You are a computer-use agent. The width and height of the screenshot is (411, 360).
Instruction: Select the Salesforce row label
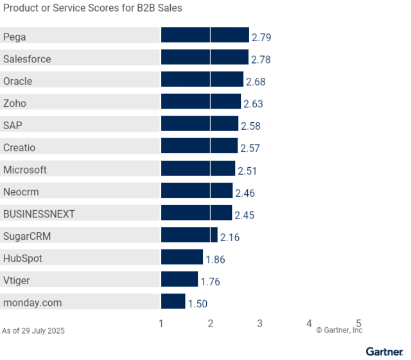[x=27, y=59]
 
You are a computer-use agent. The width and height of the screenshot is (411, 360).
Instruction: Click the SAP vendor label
[x=13, y=125]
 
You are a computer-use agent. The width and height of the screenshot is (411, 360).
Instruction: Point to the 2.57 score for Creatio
[x=250, y=148]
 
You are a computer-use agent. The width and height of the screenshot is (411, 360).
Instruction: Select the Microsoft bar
[x=198, y=168]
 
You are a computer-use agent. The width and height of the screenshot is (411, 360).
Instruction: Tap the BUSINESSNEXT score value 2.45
[x=244, y=215]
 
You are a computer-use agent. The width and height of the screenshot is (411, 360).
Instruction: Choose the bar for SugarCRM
[x=189, y=235]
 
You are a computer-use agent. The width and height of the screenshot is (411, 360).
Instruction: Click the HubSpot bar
[x=182, y=257]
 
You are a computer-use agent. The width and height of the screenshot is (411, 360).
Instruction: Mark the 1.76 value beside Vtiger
[x=211, y=282]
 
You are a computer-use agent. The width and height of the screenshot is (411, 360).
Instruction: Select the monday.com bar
[x=173, y=301]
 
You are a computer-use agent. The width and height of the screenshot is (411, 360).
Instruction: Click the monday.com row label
[x=32, y=303]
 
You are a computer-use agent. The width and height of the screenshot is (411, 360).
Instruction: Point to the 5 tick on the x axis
[x=358, y=323]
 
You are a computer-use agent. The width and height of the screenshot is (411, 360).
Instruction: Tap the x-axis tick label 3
[x=259, y=323]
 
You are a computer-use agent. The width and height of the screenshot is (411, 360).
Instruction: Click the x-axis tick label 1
[x=161, y=323]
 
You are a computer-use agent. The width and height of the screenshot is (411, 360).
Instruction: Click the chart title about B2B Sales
[x=92, y=8]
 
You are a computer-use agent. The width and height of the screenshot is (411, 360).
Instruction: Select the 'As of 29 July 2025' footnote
[x=33, y=331]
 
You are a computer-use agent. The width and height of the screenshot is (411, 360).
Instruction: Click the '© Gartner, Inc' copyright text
[x=339, y=330]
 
